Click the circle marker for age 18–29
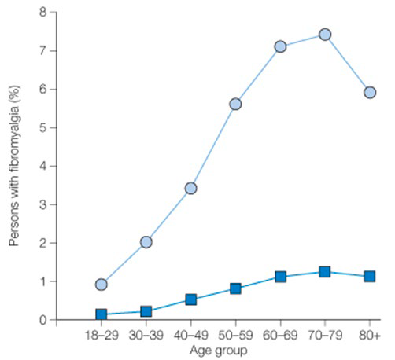pos(102,285)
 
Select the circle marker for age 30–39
pos(146,242)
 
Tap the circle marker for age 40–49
pos(190,188)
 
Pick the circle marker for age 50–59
pos(235,104)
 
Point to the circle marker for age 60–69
pos(280,46)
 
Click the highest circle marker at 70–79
pos(325,35)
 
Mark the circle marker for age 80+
pos(369,92)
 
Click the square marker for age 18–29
pos(102,314)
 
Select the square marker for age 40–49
pos(190,299)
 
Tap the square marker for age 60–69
pos(280,277)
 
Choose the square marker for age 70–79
pos(325,272)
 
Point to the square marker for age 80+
pos(369,277)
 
